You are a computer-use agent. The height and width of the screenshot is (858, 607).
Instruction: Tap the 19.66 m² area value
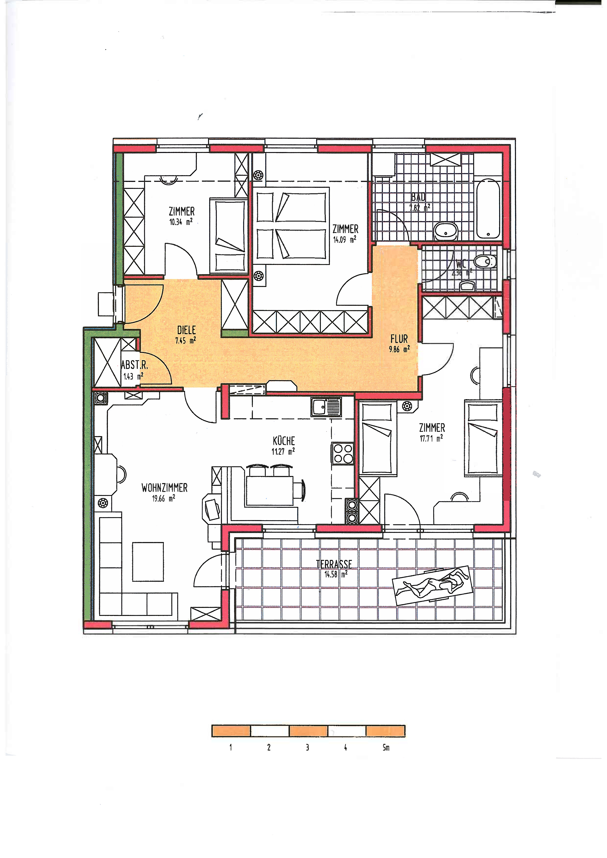pos(163,498)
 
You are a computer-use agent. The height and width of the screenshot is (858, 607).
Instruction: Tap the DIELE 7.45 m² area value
pos(185,340)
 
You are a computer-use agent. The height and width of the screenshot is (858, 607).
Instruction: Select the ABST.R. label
pos(134,364)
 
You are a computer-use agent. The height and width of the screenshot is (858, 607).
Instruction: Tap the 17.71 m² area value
pos(431,438)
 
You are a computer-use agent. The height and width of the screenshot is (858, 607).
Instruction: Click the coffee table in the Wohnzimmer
pos(148,562)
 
